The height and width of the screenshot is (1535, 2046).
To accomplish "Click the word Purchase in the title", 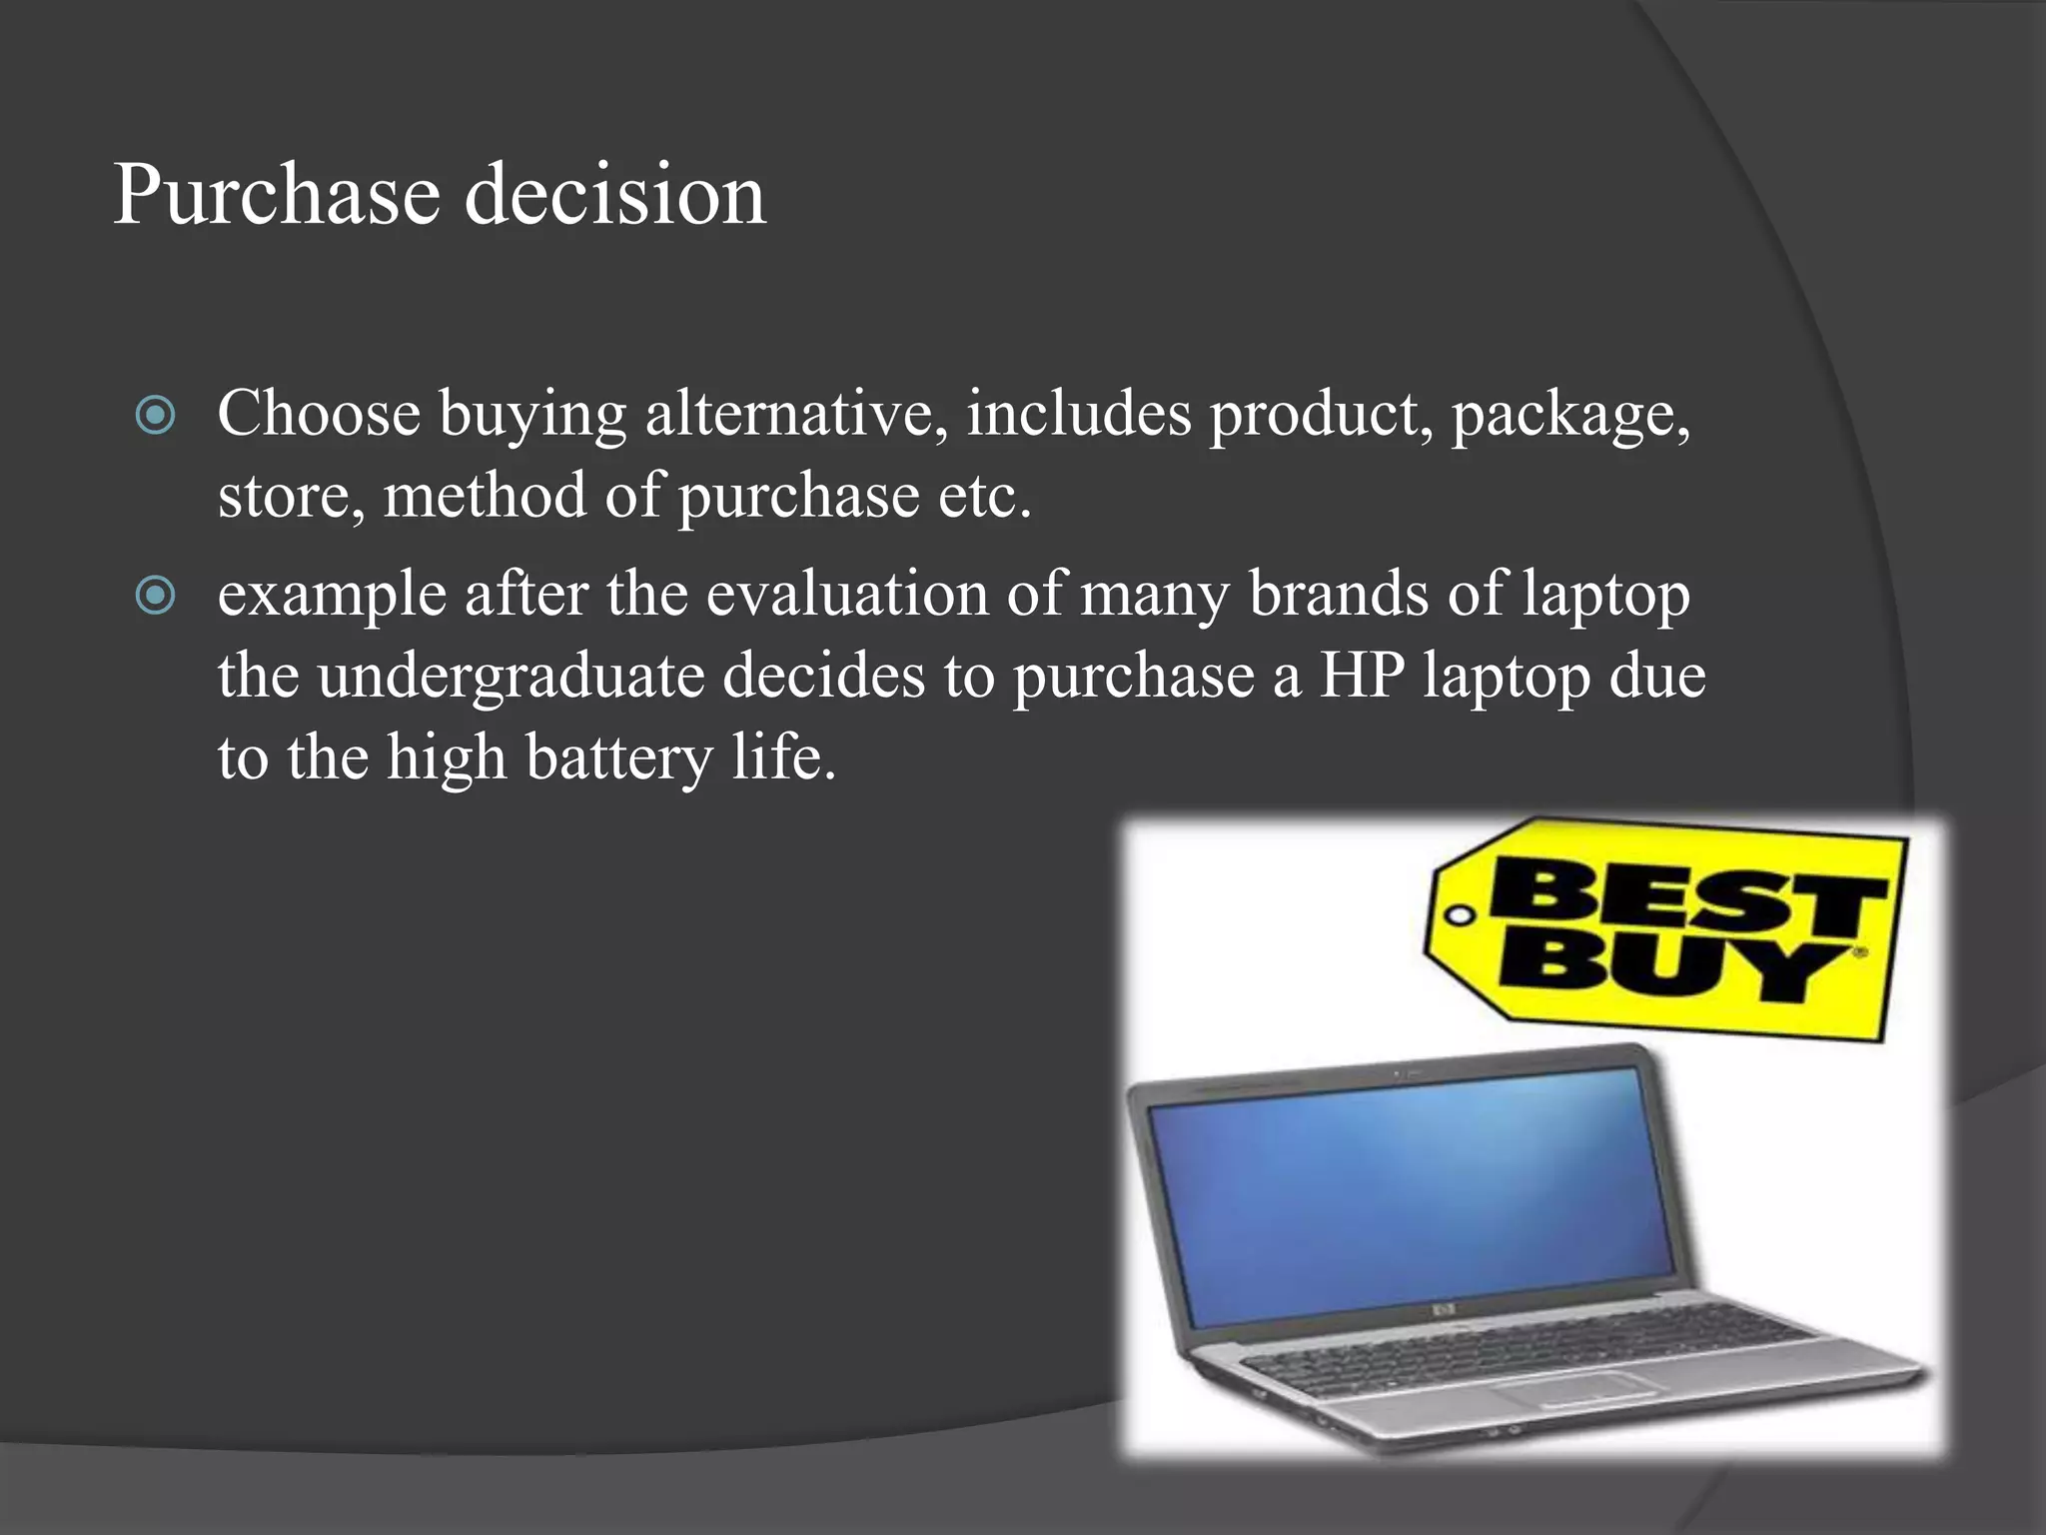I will point(277,195).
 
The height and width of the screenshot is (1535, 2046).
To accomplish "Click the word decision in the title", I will point(614,195).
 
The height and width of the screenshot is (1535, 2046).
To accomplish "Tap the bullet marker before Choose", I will point(155,415).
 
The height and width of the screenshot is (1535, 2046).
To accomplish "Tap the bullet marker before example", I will point(155,596).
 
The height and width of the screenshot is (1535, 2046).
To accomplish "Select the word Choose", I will point(319,414).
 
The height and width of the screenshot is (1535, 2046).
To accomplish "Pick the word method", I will point(485,496).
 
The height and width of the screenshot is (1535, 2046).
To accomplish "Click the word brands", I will point(1339,595).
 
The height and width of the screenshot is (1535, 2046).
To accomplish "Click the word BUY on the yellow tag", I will point(1668,967).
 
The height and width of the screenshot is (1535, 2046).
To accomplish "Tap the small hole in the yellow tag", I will point(1461,915).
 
